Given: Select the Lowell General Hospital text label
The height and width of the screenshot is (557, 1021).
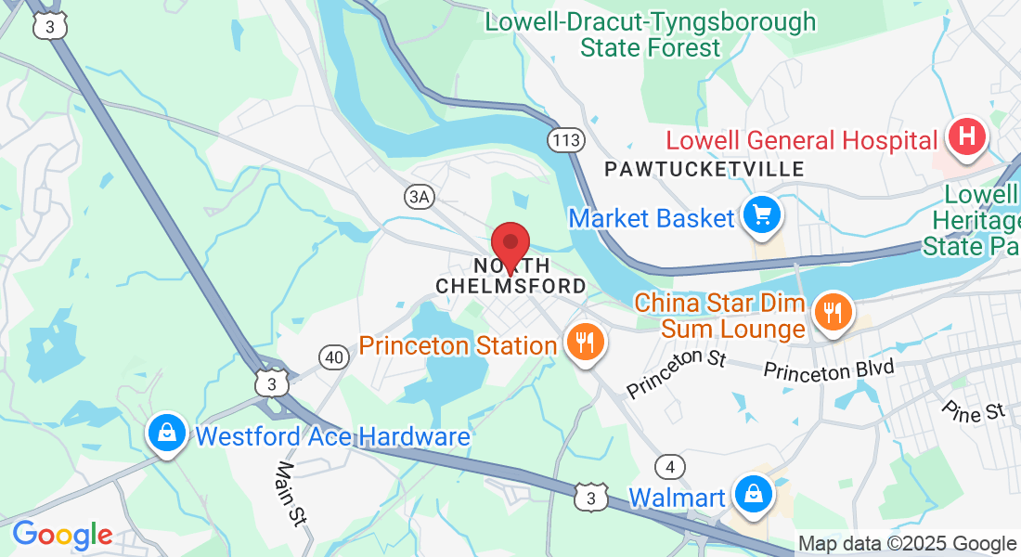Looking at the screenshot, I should pyautogui.click(x=802, y=141).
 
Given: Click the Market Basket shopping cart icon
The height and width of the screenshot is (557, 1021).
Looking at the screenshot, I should pyautogui.click(x=762, y=216).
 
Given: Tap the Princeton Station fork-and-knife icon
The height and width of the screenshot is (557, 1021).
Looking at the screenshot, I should pyautogui.click(x=584, y=343).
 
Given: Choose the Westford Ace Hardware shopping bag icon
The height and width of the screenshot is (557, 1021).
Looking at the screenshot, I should pyautogui.click(x=166, y=433).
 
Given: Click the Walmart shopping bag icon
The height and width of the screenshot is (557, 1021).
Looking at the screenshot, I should pyautogui.click(x=754, y=494).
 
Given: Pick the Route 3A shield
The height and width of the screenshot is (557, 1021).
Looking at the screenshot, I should pyautogui.click(x=420, y=196).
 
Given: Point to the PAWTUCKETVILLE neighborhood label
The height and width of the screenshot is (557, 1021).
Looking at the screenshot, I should pyautogui.click(x=704, y=169).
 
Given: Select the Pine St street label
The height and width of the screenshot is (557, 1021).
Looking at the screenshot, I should pyautogui.click(x=973, y=409).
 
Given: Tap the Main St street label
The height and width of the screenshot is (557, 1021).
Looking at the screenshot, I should pyautogui.click(x=291, y=493).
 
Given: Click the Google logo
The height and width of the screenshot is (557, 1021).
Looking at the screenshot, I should pyautogui.click(x=62, y=535).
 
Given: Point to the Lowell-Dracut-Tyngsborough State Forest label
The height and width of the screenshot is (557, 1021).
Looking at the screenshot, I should pyautogui.click(x=651, y=34).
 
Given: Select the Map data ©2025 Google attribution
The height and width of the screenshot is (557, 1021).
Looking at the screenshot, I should pyautogui.click(x=908, y=544).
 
